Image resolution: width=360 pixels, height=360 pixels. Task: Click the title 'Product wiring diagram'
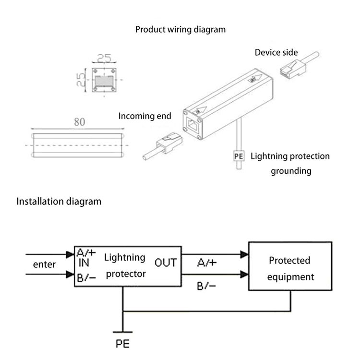(180, 30)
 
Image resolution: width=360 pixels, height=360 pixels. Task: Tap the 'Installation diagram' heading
(59, 201)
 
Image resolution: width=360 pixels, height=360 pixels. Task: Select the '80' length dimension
(79, 122)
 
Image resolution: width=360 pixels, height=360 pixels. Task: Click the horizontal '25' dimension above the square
(104, 58)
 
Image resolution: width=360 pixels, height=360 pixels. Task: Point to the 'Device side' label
(276, 53)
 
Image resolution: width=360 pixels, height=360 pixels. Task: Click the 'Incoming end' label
(144, 116)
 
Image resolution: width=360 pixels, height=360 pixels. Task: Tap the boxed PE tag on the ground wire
(239, 156)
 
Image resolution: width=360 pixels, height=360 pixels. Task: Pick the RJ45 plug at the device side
(293, 68)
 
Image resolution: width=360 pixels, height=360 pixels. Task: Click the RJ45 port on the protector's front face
(192, 125)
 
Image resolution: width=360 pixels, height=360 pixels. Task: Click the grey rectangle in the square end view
(104, 81)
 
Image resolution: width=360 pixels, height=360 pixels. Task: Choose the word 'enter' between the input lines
(44, 264)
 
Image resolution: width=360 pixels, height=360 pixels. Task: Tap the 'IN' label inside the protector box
(84, 263)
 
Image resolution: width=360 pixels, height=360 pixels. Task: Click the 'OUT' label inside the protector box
(166, 263)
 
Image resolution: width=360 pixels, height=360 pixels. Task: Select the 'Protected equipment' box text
(290, 269)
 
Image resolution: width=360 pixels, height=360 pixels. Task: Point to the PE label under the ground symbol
(122, 344)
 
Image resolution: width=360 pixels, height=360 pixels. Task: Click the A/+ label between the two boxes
(206, 263)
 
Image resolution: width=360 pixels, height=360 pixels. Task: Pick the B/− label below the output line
(206, 286)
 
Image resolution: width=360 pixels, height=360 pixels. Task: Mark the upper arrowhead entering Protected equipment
(244, 254)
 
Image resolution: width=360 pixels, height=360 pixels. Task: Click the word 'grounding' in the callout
(291, 171)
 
